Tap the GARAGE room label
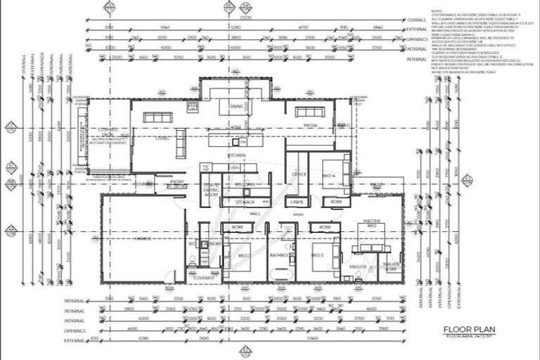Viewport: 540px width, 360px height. (x=143, y=239)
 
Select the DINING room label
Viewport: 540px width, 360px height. (x=235, y=106)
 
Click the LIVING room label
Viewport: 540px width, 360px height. (x=162, y=139)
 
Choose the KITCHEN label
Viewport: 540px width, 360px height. (x=236, y=155)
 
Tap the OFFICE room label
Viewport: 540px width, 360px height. (x=298, y=174)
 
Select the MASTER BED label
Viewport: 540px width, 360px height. (x=372, y=226)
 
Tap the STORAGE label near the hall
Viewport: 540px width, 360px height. (x=245, y=202)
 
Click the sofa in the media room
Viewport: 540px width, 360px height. (x=310, y=112)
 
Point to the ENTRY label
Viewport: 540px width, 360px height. (x=177, y=181)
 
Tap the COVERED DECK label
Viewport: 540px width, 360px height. (x=108, y=134)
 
